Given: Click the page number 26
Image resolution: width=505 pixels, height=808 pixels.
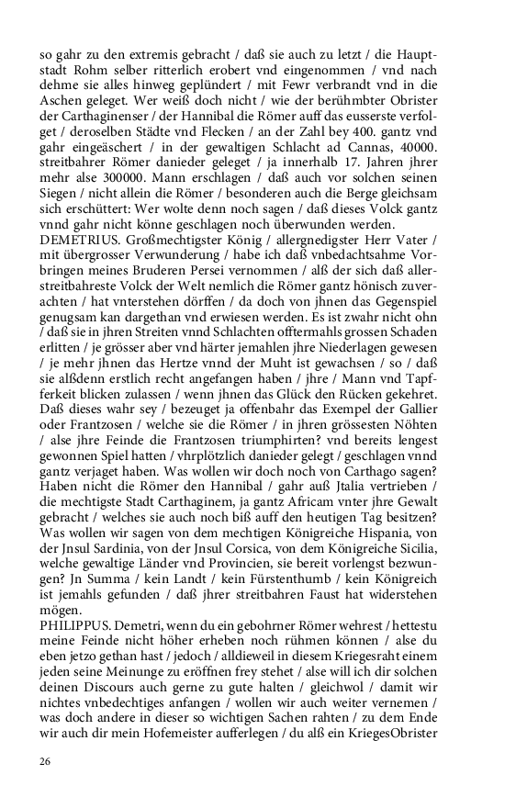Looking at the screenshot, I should click(45, 762).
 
